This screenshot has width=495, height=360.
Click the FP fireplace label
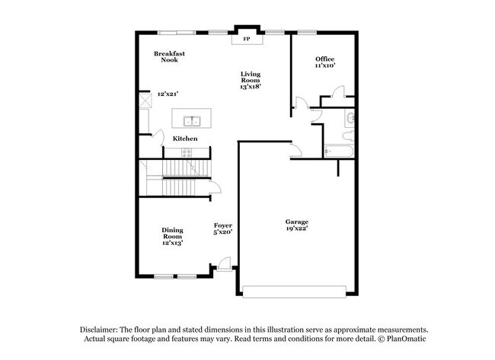pos(246,39)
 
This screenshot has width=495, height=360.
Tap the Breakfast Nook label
pos(169,56)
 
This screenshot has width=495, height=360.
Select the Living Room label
pos(251,77)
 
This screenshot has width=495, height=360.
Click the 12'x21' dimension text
pos(168,94)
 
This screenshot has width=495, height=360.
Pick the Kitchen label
pos(185,139)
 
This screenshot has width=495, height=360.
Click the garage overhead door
pos(298,290)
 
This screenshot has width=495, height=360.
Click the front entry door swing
pos(223,263)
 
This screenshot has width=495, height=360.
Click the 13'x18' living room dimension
pos(251,87)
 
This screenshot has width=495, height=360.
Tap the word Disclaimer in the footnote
pos(102,329)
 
